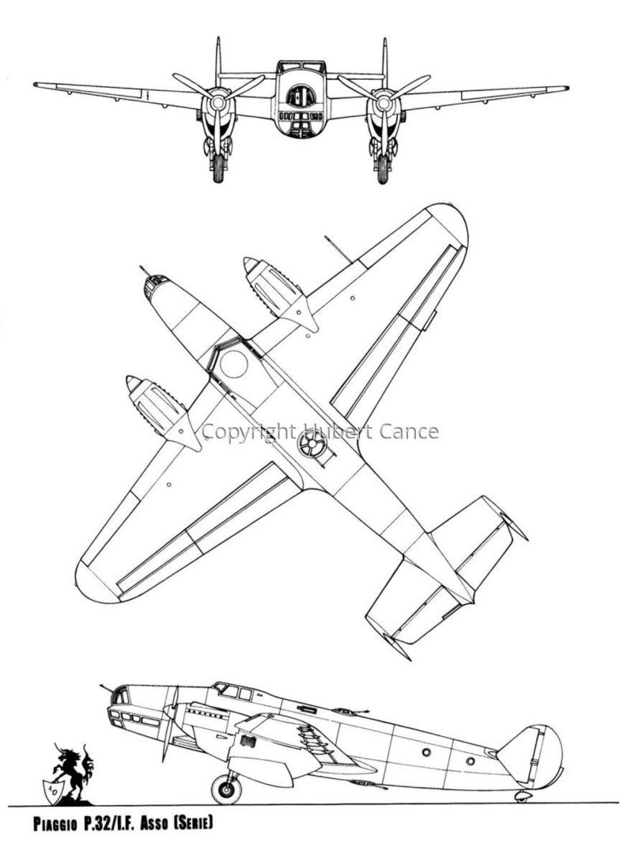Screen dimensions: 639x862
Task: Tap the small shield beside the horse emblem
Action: point(52,788)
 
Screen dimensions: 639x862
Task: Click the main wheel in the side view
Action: point(226,789)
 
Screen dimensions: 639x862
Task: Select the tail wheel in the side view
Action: point(521,796)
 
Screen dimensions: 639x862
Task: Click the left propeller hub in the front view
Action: point(217,102)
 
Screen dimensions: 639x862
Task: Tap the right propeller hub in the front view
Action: point(384,102)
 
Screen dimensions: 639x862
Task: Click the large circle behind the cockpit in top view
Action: point(233,363)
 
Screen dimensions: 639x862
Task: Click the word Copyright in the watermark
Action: point(248,432)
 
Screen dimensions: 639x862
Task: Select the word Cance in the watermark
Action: point(410,431)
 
